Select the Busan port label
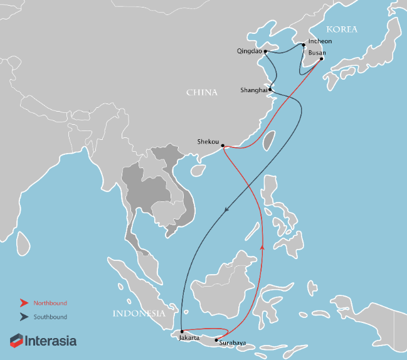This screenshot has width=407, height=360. point(317,53)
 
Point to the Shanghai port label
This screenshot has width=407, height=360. point(253,90)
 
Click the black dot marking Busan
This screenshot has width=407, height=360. point(322,59)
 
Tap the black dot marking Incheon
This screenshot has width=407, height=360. point(304,45)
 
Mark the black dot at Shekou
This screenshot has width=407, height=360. point(223,146)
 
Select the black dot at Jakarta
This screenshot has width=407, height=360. point(181,331)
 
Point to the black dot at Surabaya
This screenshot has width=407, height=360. point(216,341)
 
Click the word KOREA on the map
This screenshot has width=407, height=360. point(341,29)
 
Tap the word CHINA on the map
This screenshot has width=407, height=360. point(202,92)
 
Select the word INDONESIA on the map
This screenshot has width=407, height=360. point(139,314)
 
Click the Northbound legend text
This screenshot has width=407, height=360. point(51,303)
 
